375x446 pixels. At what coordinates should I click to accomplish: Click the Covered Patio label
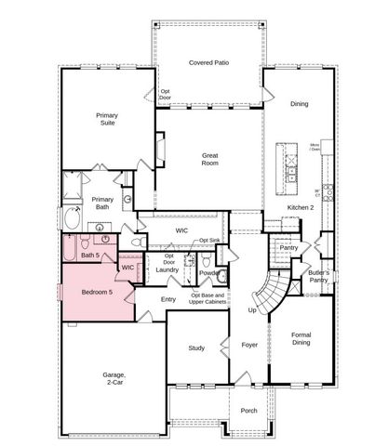pyautogui.click(x=208, y=62)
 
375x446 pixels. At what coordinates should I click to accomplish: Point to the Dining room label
pyautogui.click(x=299, y=104)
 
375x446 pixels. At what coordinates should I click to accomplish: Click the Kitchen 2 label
pyautogui.click(x=301, y=206)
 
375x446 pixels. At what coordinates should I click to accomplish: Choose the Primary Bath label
pyautogui.click(x=102, y=203)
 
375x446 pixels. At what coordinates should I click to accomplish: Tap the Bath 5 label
pyautogui.click(x=89, y=255)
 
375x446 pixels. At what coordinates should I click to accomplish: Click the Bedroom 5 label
pyautogui.click(x=96, y=293)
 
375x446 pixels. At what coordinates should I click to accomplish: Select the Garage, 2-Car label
pyautogui.click(x=114, y=379)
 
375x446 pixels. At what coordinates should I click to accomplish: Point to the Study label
pyautogui.click(x=196, y=348)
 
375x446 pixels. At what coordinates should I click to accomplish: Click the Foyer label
pyautogui.click(x=249, y=345)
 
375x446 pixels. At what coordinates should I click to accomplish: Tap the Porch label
pyautogui.click(x=249, y=410)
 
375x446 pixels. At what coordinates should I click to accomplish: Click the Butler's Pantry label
pyautogui.click(x=319, y=276)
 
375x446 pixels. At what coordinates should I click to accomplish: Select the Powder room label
pyautogui.click(x=209, y=272)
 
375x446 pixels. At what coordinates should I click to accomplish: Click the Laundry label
pyautogui.click(x=167, y=269)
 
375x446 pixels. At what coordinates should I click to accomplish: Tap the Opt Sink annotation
pyautogui.click(x=208, y=241)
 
